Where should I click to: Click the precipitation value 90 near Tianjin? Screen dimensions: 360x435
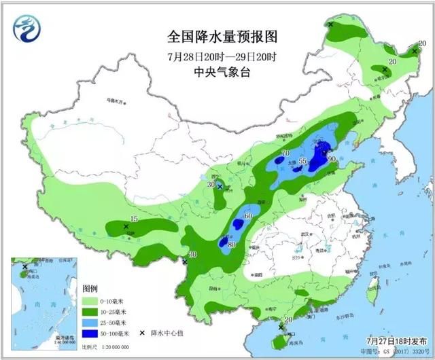coord(332,159)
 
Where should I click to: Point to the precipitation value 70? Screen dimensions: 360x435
coord(285,154)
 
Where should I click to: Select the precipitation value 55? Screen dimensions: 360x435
coord(303,162)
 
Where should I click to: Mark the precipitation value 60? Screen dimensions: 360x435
coord(248,216)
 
